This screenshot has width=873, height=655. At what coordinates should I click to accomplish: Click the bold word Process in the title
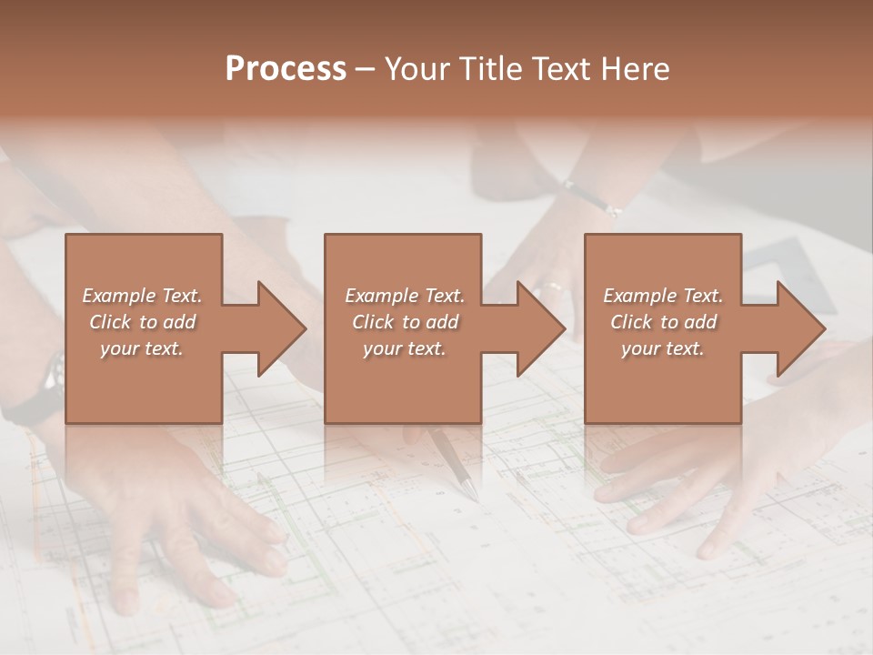click(x=286, y=69)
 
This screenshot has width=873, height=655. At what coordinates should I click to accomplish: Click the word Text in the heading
click(x=559, y=69)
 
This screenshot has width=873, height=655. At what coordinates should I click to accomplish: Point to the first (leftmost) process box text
click(x=143, y=322)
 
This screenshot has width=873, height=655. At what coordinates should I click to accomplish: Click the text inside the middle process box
click(x=405, y=322)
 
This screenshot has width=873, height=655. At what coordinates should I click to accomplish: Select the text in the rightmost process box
click(x=663, y=322)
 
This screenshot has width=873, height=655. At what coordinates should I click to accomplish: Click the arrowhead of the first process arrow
click(x=281, y=328)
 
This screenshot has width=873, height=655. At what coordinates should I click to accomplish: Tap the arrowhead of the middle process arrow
click(x=540, y=328)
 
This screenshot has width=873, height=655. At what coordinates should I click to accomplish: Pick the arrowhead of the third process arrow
click(x=799, y=328)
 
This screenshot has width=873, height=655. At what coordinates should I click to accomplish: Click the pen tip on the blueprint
click(x=470, y=492)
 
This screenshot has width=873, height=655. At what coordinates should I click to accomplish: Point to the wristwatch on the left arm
click(x=53, y=373)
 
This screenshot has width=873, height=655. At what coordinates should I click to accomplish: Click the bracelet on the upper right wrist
click(x=593, y=198)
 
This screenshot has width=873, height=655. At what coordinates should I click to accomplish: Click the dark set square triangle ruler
click(x=791, y=273)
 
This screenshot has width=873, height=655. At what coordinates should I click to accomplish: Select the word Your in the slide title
click(x=416, y=69)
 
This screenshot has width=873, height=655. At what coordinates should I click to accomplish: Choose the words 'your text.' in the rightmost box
click(x=663, y=348)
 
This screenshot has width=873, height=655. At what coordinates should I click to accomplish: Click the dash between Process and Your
click(x=366, y=69)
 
